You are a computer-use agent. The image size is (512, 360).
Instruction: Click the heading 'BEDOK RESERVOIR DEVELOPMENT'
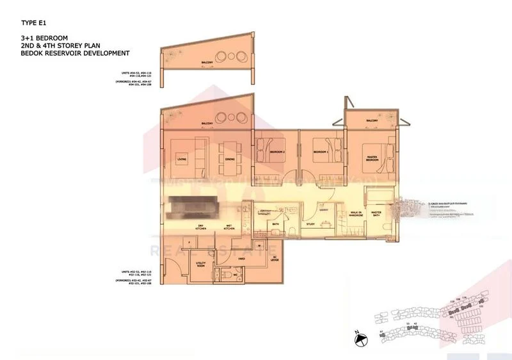click(x=75, y=53)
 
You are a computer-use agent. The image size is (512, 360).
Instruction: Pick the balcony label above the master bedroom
click(x=372, y=121)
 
